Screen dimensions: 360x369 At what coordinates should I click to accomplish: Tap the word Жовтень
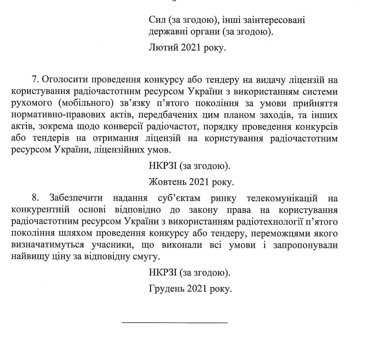166,181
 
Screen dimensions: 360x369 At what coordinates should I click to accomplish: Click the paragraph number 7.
35,79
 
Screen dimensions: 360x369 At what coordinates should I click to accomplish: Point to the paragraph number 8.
35,198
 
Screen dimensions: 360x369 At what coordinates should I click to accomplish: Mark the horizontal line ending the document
174,322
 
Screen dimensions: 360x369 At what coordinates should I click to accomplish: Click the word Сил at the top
156,20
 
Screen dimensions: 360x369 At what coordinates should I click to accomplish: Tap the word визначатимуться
49,245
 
